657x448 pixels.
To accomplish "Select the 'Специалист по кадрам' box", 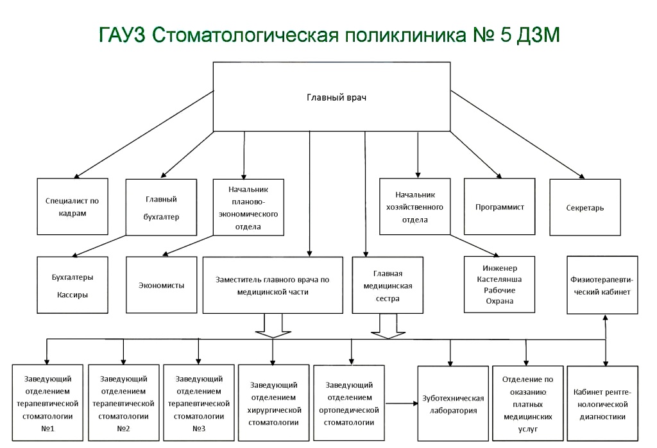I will click(x=72, y=207).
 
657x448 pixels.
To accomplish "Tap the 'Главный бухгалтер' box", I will click(x=161, y=208).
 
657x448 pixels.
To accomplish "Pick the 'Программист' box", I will click(x=500, y=207).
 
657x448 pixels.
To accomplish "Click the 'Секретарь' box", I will click(x=584, y=207).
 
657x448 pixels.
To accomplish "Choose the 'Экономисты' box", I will click(x=161, y=285).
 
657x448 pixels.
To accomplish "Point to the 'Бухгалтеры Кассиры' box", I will click(x=72, y=286).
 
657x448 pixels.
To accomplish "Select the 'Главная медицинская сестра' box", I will click(x=387, y=285).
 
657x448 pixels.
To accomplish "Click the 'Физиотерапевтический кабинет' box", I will click(x=601, y=285).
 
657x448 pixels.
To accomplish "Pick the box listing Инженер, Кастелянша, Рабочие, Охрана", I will click(x=499, y=285).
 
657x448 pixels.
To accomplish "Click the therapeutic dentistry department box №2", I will click(x=123, y=403).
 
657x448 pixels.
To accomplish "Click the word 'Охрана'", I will click(x=499, y=301).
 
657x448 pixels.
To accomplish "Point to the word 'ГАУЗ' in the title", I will click(x=123, y=35).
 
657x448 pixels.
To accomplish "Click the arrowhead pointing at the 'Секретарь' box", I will click(x=581, y=177).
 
